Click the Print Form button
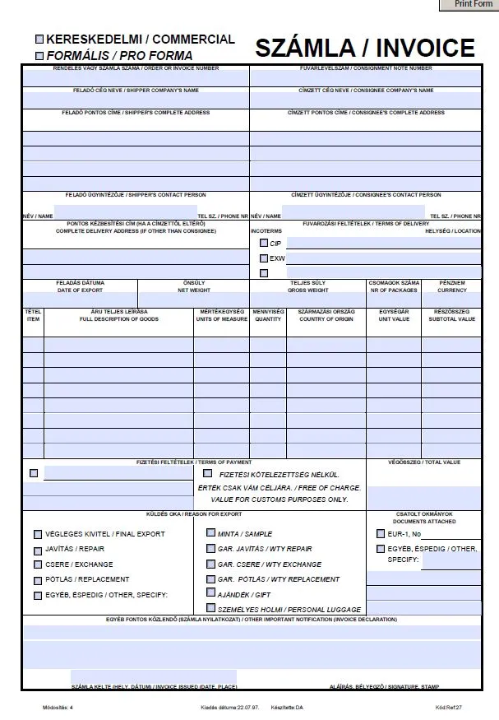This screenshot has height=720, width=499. [473, 5]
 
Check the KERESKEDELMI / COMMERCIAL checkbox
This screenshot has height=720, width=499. [39, 39]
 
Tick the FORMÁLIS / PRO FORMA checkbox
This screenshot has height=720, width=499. [39, 56]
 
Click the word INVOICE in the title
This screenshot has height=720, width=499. [419, 49]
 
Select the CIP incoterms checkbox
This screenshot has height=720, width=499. [264, 244]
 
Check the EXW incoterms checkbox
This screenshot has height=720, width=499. [264, 258]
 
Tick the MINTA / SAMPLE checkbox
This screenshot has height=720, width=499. [211, 533]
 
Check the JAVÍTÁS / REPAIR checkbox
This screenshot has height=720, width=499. [38, 549]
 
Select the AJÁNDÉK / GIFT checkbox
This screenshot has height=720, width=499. [211, 594]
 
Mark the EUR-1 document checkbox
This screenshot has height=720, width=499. [381, 533]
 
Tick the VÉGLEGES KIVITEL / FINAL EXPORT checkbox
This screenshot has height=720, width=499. [38, 533]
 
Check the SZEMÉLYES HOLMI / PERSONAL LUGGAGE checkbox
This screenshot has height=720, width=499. [211, 609]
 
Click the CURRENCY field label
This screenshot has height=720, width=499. [452, 290]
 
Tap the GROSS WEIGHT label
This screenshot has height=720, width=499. [308, 290]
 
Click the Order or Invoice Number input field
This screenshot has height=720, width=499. [136, 78]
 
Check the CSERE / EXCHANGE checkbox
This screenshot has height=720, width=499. [38, 564]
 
